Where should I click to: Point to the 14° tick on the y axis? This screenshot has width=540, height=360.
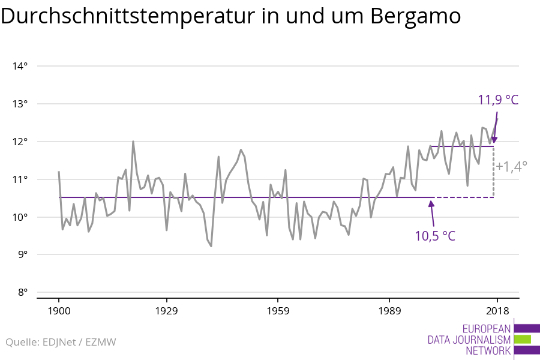pyautogui.click(x=20, y=66)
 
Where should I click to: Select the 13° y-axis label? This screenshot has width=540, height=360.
pyautogui.click(x=20, y=104)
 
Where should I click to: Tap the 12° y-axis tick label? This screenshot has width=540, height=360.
pyautogui.click(x=20, y=142)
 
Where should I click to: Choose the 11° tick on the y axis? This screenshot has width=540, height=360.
pyautogui.click(x=20, y=179)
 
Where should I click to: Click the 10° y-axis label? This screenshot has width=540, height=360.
pyautogui.click(x=20, y=217)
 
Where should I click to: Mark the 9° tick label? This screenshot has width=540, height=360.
pyautogui.click(x=22, y=255)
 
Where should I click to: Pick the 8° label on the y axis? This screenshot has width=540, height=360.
pyautogui.click(x=22, y=293)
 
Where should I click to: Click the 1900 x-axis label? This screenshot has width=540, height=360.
pyautogui.click(x=59, y=311)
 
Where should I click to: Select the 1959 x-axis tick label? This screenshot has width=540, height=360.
pyautogui.click(x=278, y=311)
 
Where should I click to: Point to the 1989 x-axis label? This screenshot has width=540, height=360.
pyautogui.click(x=389, y=311)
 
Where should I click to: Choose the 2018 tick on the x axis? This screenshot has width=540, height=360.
pyautogui.click(x=497, y=311)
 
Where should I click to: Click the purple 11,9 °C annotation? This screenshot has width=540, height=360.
pyautogui.click(x=497, y=100)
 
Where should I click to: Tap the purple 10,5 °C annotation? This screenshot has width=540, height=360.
pyautogui.click(x=435, y=235)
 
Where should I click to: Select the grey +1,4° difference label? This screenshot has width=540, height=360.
pyautogui.click(x=511, y=167)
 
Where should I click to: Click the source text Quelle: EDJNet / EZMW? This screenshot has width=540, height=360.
pyautogui.click(x=61, y=343)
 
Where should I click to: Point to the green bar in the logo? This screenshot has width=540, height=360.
pyautogui.click(x=523, y=340)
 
